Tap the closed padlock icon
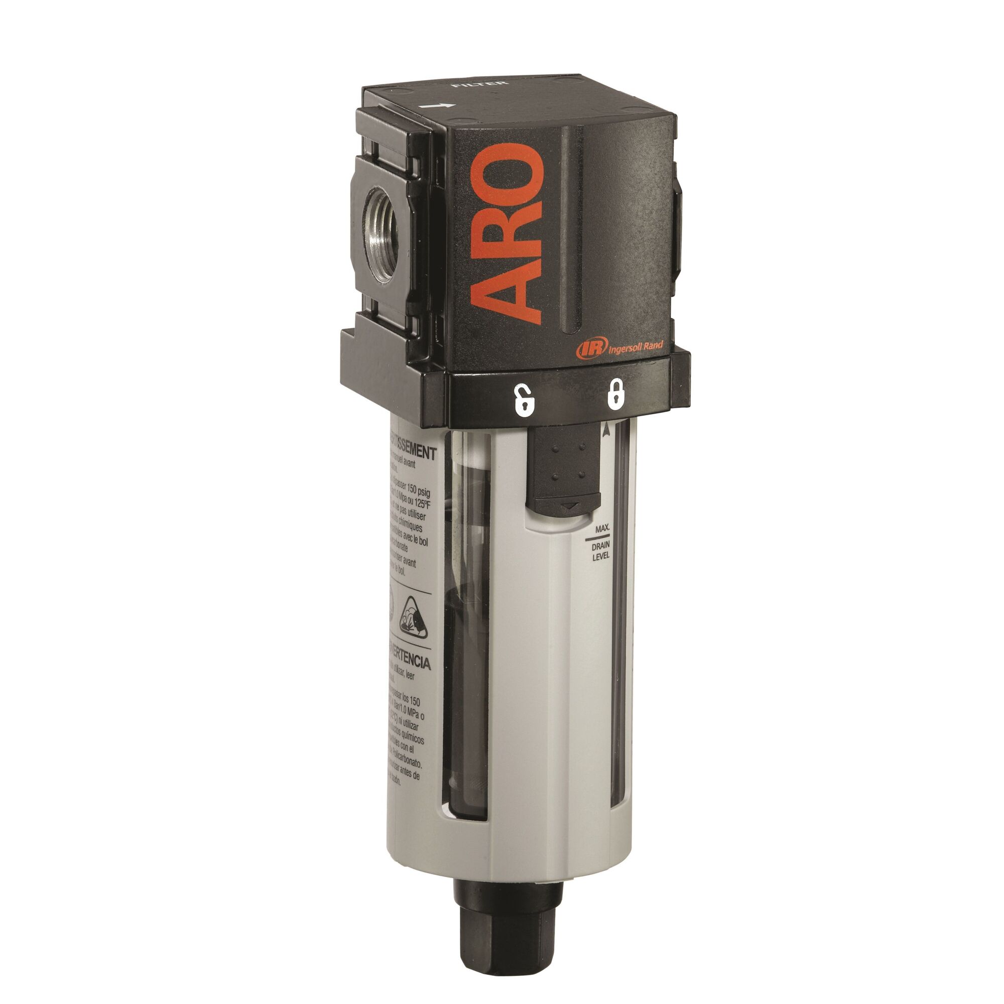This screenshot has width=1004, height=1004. coord(614,397)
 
